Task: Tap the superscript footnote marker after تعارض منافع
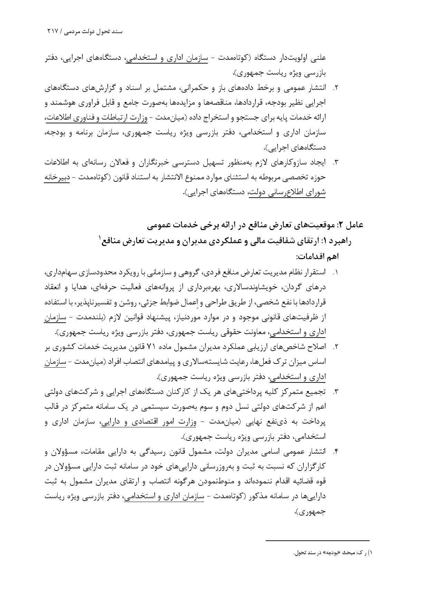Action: [100, 238]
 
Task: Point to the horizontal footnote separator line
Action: [318, 540]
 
